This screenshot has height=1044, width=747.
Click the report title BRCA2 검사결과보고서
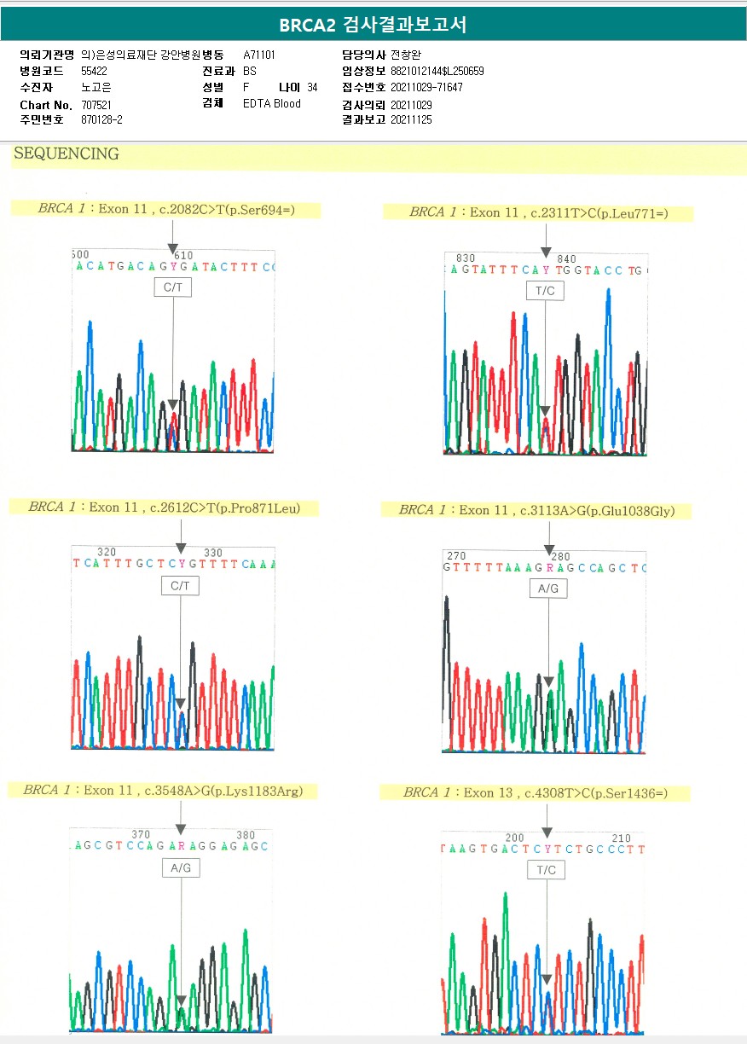373,24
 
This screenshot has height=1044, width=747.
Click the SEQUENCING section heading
67,154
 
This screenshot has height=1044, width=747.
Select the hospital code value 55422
94,71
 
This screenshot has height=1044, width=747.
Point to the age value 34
312,88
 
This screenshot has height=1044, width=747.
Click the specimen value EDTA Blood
272,104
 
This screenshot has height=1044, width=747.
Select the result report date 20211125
411,120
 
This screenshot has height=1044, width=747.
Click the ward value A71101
259,55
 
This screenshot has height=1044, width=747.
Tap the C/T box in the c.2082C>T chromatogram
173,288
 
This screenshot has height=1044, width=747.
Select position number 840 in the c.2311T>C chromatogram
566,259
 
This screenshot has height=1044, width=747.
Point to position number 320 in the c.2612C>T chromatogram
107,553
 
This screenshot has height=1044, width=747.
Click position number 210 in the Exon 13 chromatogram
622,838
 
